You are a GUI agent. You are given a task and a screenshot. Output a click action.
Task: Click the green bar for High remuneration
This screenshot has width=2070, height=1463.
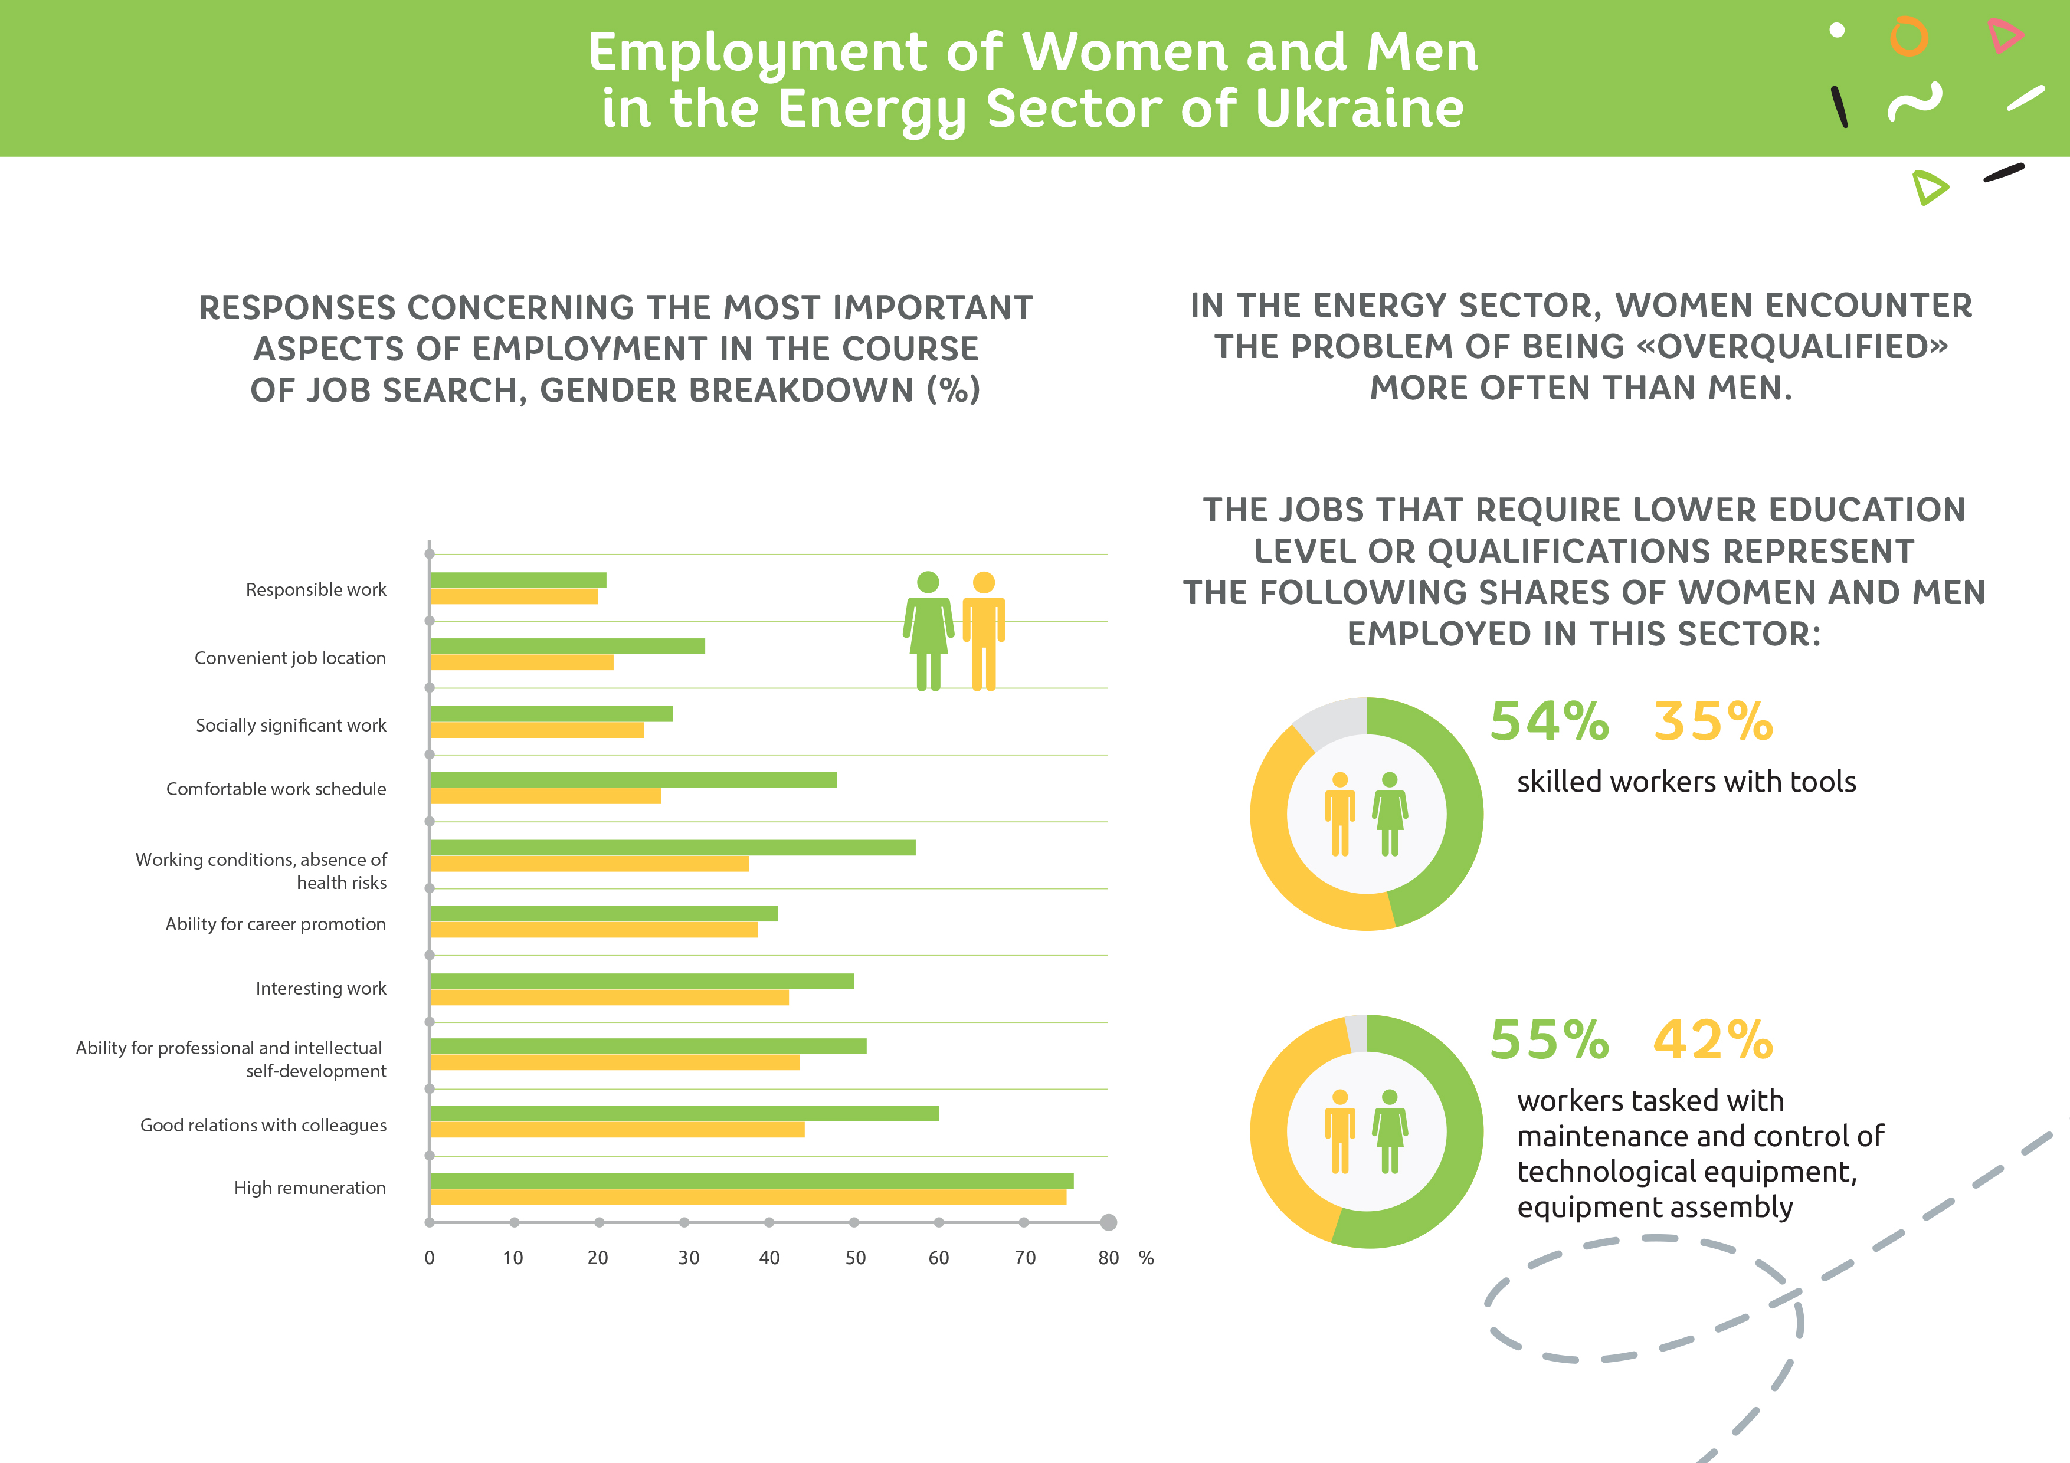[751, 1181]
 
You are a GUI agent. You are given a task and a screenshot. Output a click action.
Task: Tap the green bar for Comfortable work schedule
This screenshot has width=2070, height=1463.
[633, 780]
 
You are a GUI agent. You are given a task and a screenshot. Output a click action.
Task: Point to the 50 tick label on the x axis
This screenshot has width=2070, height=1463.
[854, 1258]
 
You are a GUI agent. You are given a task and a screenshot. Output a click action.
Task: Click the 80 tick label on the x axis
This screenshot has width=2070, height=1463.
[1108, 1258]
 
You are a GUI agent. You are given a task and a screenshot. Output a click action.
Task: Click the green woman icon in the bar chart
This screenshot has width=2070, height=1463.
[928, 631]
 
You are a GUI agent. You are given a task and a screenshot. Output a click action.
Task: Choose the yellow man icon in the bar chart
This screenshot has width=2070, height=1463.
[984, 631]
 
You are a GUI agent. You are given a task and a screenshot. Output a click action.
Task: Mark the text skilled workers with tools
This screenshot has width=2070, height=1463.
[1686, 782]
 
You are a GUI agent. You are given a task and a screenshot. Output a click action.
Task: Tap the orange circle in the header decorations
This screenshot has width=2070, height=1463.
[1909, 37]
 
